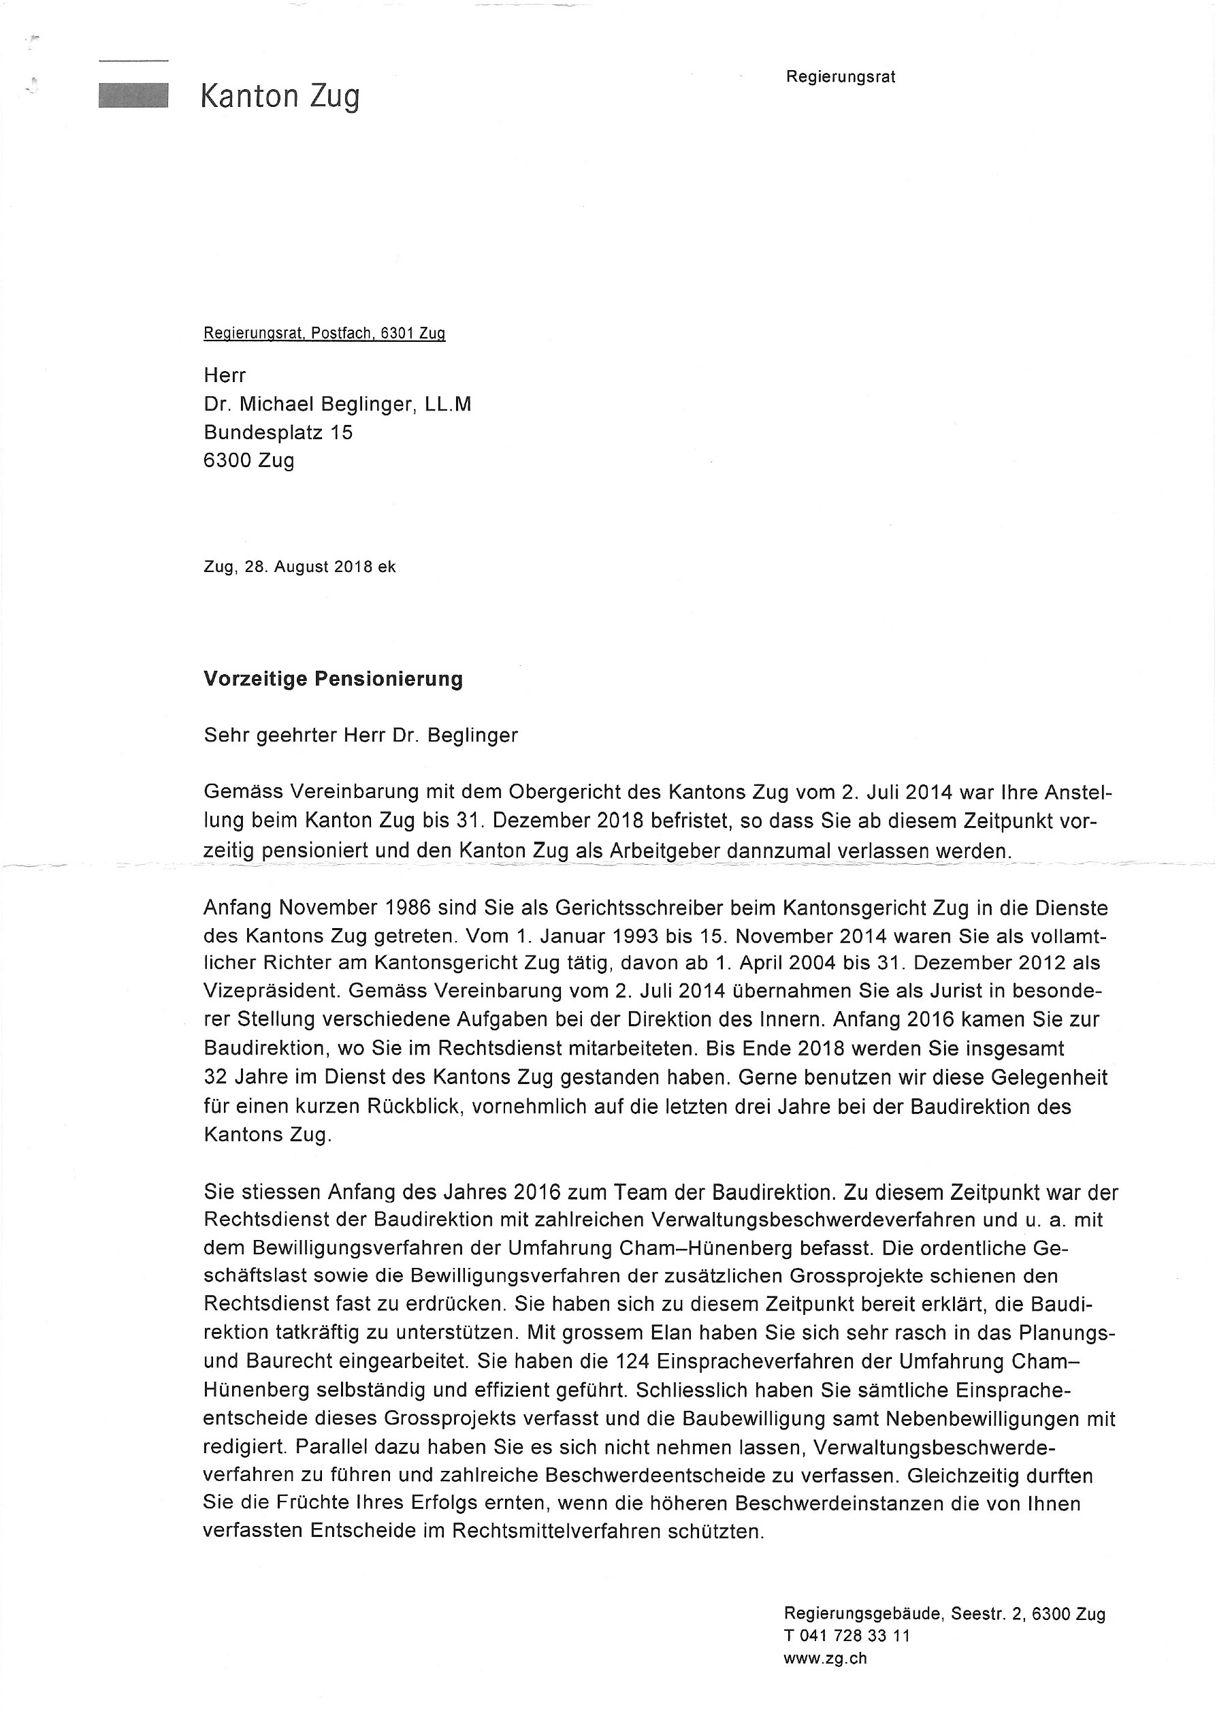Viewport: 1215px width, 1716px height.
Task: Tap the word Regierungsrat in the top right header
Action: (x=840, y=77)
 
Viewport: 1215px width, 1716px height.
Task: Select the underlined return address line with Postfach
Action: (x=324, y=334)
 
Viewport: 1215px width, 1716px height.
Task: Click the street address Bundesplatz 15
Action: (x=278, y=432)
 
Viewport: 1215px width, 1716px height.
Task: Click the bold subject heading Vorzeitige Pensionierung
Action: (x=333, y=680)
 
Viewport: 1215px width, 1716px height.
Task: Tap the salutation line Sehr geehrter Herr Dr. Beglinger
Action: (x=361, y=735)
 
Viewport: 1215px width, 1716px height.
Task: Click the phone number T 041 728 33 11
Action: (x=847, y=1636)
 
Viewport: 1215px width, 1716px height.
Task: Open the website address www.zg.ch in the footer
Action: (x=825, y=1658)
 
